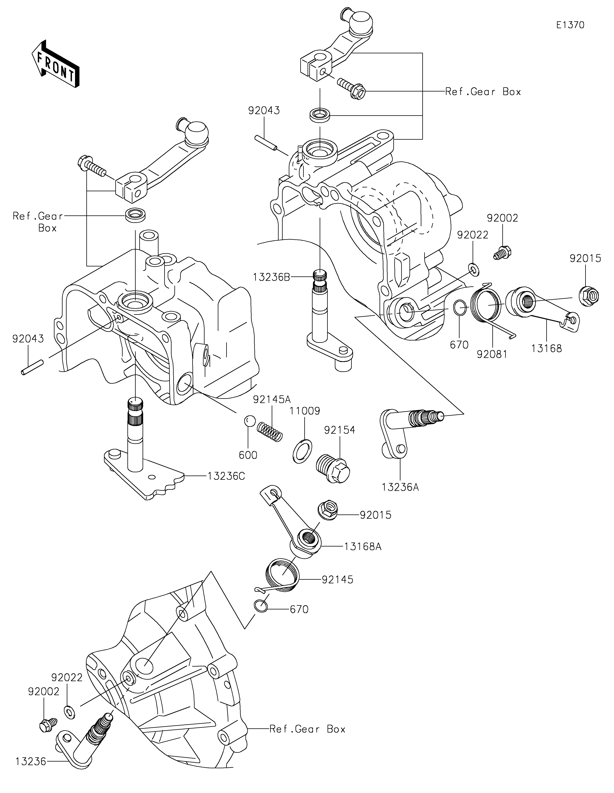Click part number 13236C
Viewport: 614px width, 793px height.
tap(226, 476)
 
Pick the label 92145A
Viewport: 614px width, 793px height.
tap(272, 399)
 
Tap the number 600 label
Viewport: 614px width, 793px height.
tap(248, 455)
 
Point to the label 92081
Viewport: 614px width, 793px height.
tap(492, 354)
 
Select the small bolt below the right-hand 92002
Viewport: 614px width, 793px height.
tap(503, 252)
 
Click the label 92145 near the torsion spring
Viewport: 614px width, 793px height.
tap(337, 579)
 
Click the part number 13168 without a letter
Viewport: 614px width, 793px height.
tap(546, 349)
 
